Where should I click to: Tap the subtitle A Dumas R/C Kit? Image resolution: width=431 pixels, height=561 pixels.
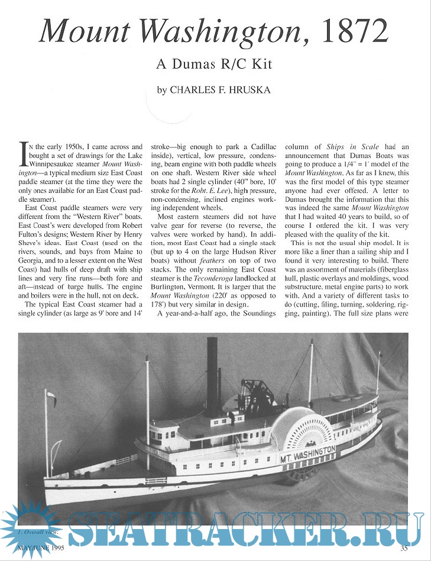click(x=215, y=64)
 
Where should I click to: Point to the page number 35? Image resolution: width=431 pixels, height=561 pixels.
click(x=404, y=548)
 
